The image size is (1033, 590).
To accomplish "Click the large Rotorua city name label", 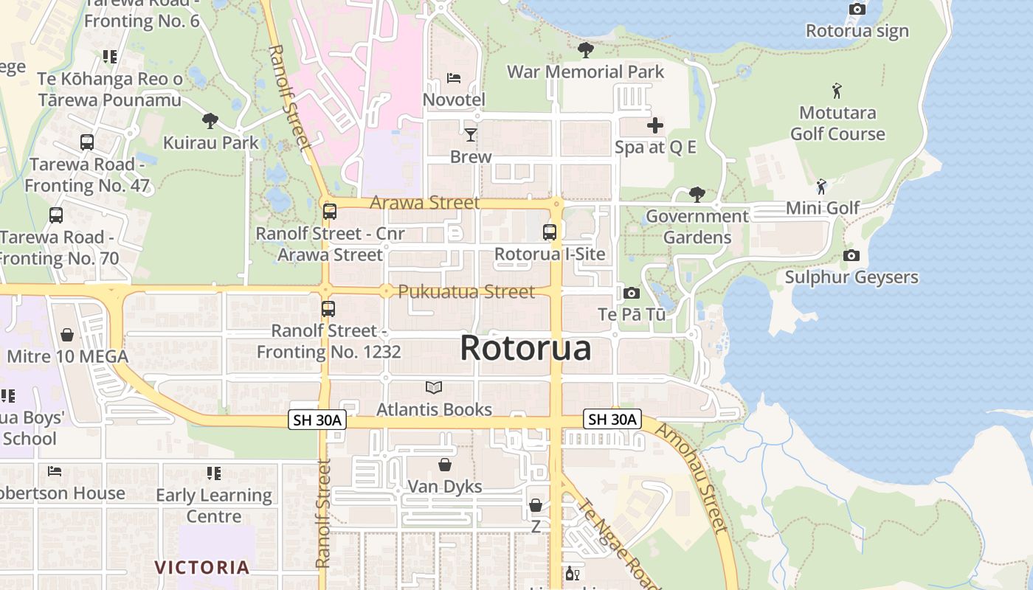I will point(525,348).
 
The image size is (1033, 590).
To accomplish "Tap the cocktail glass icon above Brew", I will point(471,134).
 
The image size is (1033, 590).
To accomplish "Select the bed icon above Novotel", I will point(454,77).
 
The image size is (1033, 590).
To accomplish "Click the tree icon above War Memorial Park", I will point(586,50).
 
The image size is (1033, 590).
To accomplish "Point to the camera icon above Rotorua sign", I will point(857,10).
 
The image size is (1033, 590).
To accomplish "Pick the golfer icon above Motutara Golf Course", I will point(837,91).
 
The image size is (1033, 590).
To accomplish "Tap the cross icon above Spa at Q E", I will point(654,125).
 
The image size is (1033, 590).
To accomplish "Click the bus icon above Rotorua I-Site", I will point(550,232).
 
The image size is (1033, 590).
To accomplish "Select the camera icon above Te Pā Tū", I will point(632,293).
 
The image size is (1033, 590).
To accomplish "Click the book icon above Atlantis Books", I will point(434,387).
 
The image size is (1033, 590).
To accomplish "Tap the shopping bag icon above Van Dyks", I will point(445,465).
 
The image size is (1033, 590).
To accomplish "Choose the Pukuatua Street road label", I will point(466,292).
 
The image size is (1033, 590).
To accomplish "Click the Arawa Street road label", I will point(425,203).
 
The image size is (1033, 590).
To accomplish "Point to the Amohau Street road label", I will point(692,478).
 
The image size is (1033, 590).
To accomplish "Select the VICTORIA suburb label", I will point(201,567).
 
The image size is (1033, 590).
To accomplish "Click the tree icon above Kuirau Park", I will point(210,120).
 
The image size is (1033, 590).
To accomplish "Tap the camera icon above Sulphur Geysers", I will point(851,255).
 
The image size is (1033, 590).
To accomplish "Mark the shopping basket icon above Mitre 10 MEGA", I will point(67,335).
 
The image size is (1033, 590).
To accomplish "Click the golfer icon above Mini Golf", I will point(822,186).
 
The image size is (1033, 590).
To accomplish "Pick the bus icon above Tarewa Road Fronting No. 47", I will point(87,142).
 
